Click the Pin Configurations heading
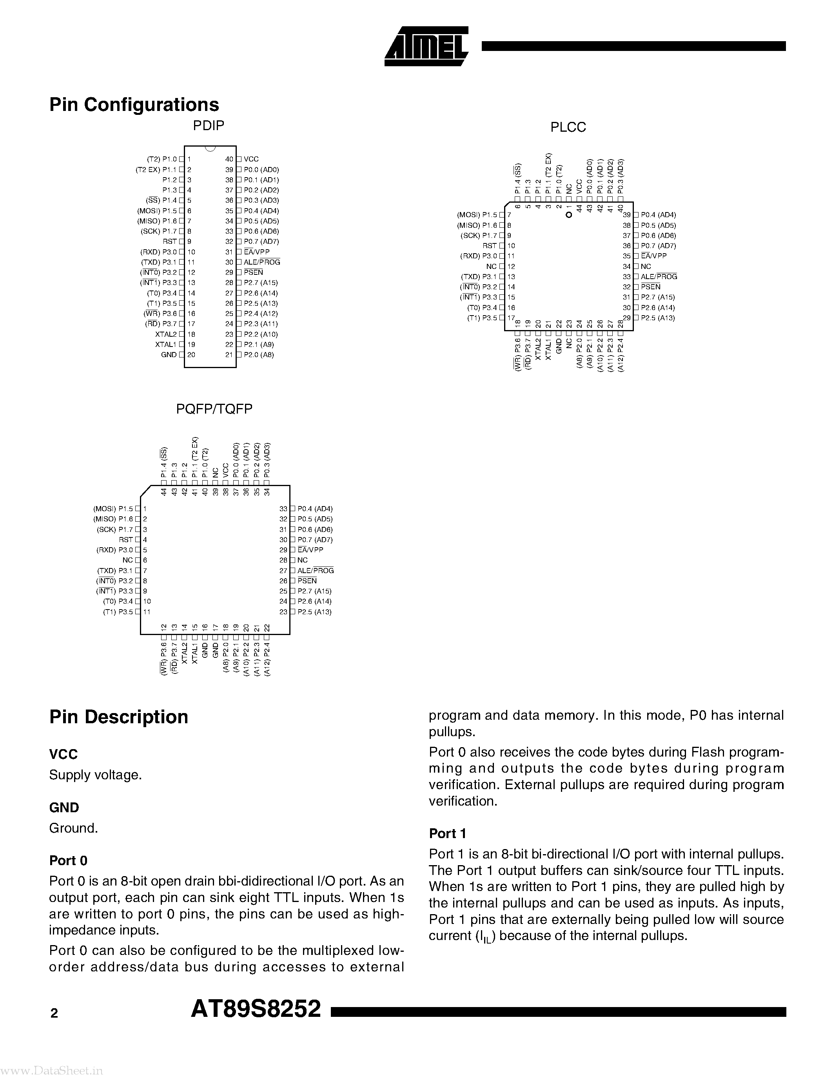(134, 105)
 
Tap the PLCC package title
(568, 127)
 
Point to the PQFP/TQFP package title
(214, 409)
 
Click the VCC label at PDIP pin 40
(251, 159)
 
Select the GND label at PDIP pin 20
(169, 355)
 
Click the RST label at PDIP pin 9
(170, 241)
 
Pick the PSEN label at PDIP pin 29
(253, 272)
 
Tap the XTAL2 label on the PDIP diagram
(166, 334)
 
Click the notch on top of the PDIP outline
(210, 149)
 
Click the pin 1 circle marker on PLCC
(568, 215)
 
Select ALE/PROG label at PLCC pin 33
(659, 277)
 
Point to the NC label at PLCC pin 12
(491, 267)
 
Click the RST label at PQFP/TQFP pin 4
(126, 539)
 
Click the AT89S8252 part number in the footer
(256, 1009)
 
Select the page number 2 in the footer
(54, 1013)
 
